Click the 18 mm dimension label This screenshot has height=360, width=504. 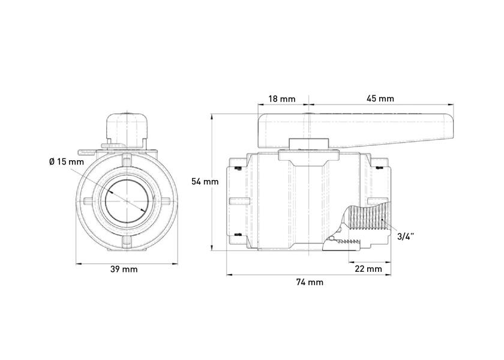click(281, 98)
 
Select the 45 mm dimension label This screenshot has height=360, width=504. click(380, 98)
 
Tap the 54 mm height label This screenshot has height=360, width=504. click(205, 182)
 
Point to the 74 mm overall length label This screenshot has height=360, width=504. click(310, 282)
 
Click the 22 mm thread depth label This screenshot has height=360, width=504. click(368, 269)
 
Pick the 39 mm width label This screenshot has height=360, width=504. click(124, 269)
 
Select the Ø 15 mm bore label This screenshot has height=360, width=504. click(67, 161)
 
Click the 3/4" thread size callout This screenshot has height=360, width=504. click(406, 237)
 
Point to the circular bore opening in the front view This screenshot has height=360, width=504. click(127, 201)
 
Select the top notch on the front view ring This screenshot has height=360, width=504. click(127, 159)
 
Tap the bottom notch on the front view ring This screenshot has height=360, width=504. click(127, 242)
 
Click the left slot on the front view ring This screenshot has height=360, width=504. click(89, 201)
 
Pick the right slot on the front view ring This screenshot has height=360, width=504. click(165, 201)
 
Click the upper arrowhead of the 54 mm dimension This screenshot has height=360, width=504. click(211, 116)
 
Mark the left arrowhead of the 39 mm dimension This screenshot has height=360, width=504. click(79, 264)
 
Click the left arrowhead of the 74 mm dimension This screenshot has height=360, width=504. click(229, 275)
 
